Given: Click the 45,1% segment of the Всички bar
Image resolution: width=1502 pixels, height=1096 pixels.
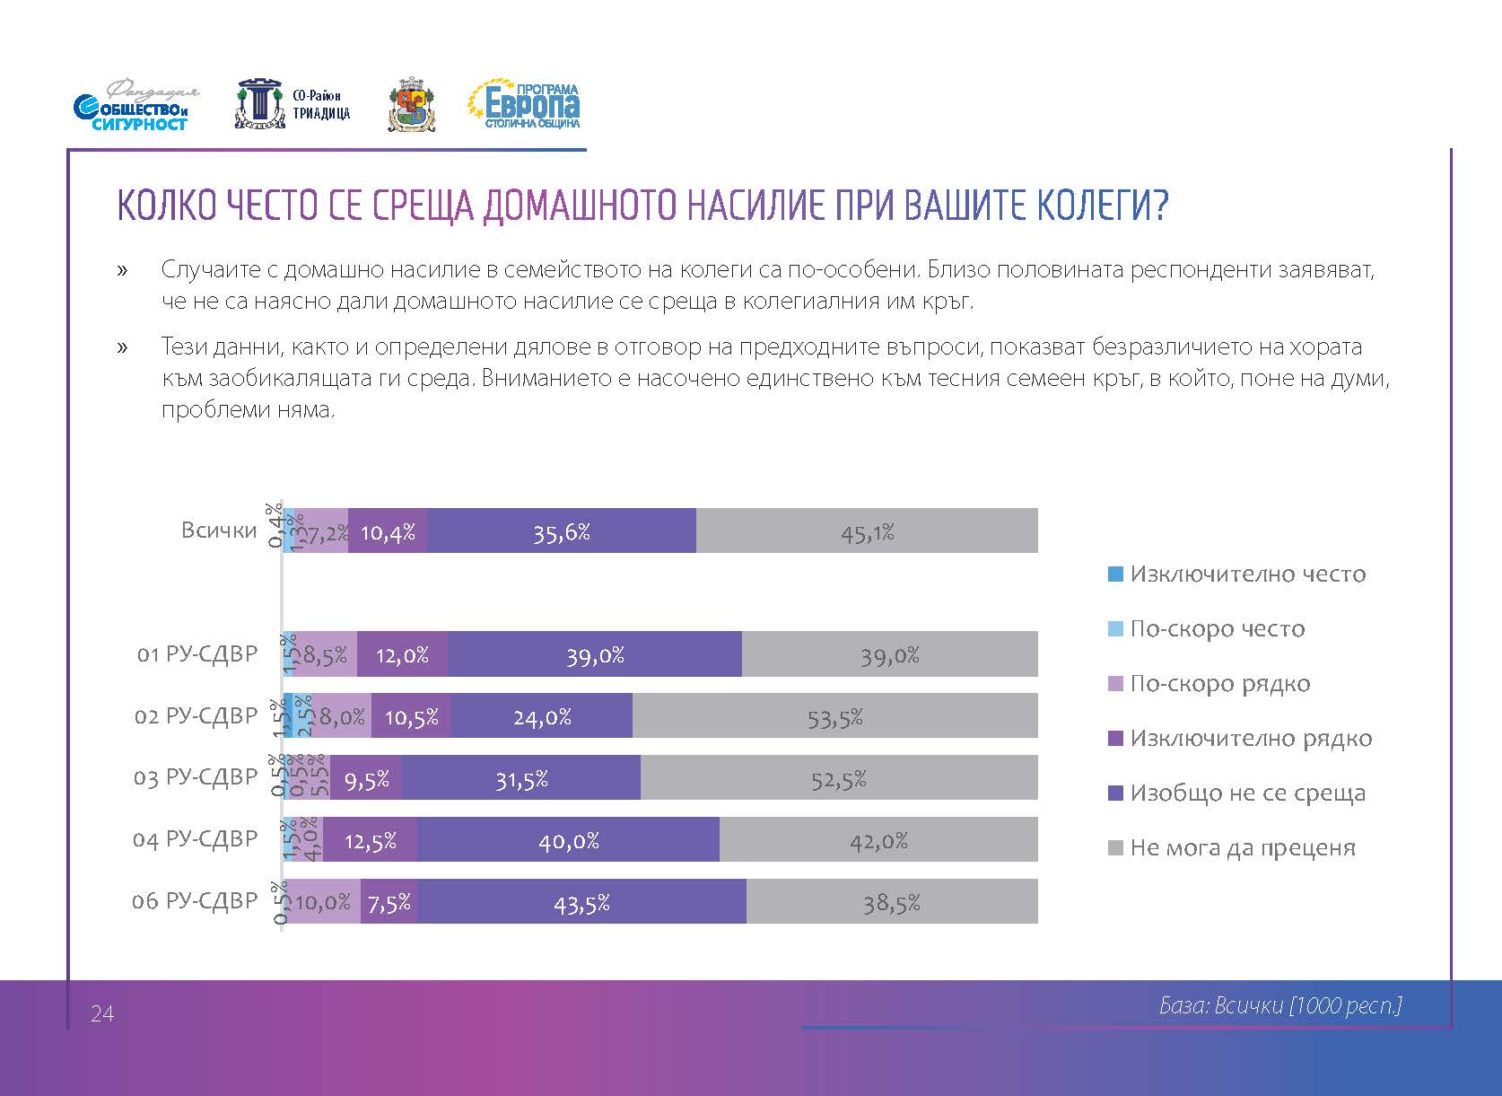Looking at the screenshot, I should (x=867, y=531).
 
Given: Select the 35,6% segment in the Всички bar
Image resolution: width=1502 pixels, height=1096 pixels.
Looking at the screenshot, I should (x=562, y=531).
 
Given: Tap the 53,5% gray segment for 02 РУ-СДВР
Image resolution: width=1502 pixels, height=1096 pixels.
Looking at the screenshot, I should (x=834, y=716).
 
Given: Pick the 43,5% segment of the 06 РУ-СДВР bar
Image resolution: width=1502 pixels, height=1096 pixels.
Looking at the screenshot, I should (x=581, y=901).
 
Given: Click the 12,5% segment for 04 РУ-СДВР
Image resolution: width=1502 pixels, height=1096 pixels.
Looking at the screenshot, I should (x=370, y=840).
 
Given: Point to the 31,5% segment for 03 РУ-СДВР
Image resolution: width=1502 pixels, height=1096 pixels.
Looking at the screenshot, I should (x=521, y=778).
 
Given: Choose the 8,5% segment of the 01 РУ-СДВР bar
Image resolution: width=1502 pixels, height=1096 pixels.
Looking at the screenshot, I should (x=325, y=654).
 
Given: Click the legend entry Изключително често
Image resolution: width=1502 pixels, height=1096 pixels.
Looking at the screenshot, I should (x=1247, y=574).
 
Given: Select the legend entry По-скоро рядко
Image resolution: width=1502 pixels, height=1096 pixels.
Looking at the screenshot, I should (x=1219, y=684).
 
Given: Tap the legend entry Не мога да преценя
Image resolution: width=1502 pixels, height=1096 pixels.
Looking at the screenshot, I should (x=1242, y=848).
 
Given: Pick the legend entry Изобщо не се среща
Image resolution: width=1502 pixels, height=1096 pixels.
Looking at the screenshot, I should (x=1247, y=794).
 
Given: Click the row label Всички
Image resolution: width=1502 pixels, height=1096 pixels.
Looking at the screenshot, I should (x=219, y=530).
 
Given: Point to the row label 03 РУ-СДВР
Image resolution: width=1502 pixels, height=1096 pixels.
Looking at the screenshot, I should (x=196, y=777).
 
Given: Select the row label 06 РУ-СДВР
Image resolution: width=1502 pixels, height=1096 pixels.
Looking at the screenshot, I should (x=195, y=901).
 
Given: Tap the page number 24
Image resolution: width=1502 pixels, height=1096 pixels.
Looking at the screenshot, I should (x=102, y=1014).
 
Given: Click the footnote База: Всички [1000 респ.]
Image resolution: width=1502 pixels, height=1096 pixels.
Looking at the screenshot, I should (x=1280, y=1006).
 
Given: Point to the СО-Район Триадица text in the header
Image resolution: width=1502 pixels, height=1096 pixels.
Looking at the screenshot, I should (x=321, y=105).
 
